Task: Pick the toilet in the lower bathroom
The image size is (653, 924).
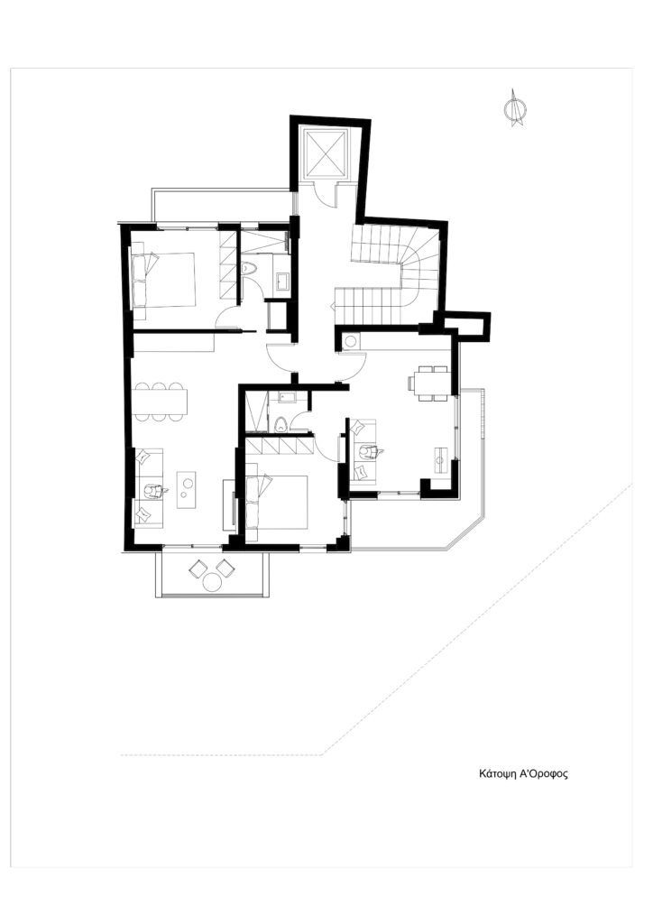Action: coord(282,424)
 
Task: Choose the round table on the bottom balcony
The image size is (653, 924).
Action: coord(212,582)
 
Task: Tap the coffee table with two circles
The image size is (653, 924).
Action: coord(188,488)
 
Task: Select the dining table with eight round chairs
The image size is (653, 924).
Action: coord(161,402)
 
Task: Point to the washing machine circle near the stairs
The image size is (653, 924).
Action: coord(351,341)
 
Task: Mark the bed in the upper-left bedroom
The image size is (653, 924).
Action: coord(163,280)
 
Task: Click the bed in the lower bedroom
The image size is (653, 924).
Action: coord(277,502)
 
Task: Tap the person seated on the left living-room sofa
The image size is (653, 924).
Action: coord(154,492)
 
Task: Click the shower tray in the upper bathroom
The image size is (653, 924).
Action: coord(265,243)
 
